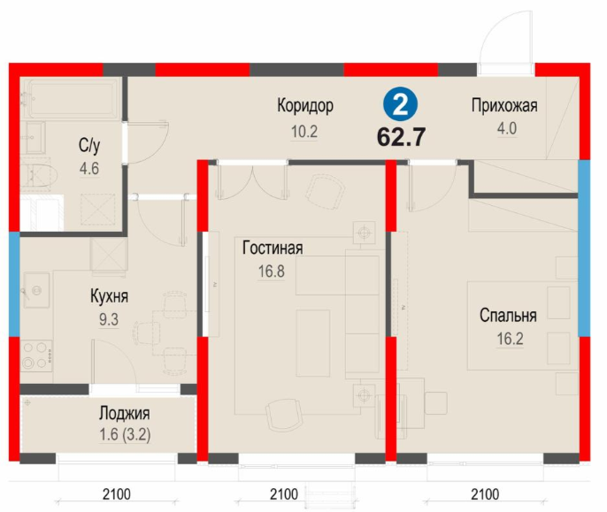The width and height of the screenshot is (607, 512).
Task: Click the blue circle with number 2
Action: (400, 105)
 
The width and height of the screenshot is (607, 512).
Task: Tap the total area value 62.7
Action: (401, 136)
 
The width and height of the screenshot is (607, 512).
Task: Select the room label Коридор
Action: (305, 105)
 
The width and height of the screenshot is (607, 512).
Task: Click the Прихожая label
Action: (504, 105)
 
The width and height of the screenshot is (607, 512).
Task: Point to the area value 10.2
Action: (304, 132)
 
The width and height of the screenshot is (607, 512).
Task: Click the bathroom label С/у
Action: (89, 145)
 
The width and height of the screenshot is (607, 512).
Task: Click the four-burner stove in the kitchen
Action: (36, 356)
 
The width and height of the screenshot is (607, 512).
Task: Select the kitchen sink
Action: (37, 290)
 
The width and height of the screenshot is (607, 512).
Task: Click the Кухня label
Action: (109, 296)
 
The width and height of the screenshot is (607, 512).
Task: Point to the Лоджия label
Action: (124, 413)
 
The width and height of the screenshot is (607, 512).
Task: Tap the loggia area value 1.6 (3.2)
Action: (125, 434)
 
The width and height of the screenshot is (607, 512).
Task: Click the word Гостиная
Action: (273, 248)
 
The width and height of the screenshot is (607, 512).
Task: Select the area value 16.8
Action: (272, 271)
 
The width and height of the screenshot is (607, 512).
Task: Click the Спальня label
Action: (508, 316)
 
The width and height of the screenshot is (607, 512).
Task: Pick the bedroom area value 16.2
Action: (510, 339)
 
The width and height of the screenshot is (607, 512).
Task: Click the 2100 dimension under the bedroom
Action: (485, 494)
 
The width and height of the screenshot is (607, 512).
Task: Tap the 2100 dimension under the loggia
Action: (117, 494)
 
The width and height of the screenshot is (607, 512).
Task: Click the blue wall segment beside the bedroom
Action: (584, 248)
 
